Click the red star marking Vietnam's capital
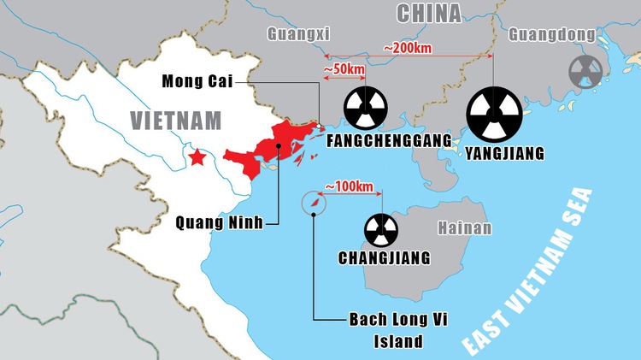(197, 157)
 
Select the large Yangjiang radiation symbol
(491, 115)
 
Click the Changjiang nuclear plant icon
(382, 229)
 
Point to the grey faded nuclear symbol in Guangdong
(585, 72)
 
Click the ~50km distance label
(344, 68)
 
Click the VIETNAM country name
(176, 120)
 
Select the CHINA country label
(428, 12)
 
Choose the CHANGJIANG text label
(384, 257)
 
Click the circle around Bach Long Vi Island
(315, 204)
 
